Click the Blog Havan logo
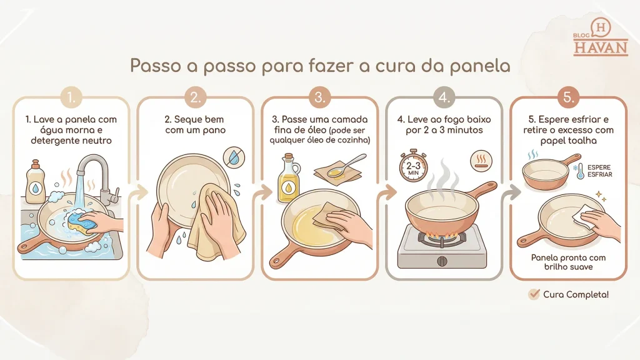600,37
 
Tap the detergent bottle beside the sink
36,182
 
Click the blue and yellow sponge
81,221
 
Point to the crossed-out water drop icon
234,157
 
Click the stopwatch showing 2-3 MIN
413,165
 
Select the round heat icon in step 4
481,161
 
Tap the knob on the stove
442,261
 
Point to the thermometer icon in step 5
580,171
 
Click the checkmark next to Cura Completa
534,294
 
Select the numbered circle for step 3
319,97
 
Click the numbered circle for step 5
569,97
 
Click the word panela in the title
480,65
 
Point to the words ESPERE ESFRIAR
599,171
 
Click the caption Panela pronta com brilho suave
568,262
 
